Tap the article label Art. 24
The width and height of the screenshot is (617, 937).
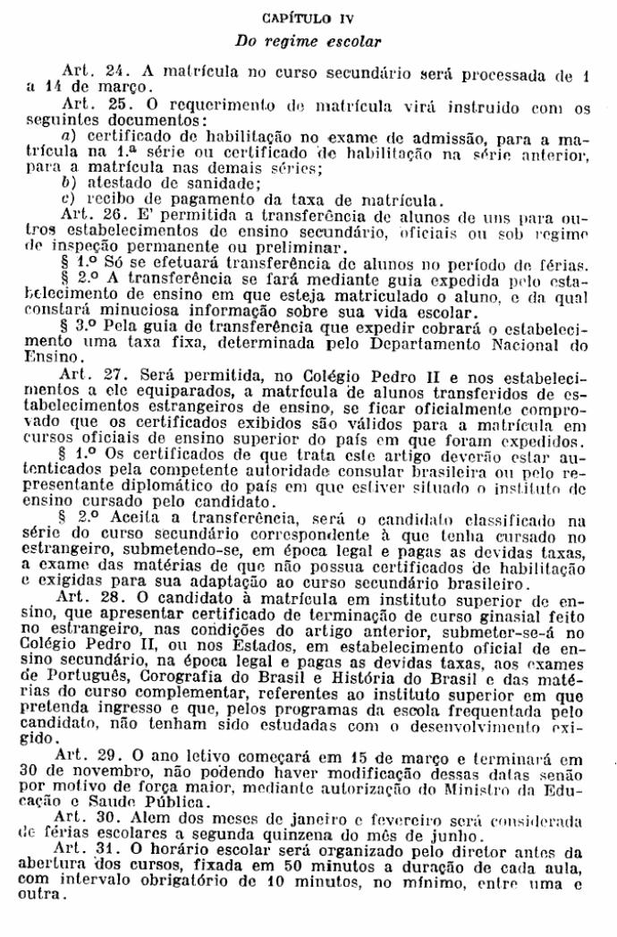click(87, 70)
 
